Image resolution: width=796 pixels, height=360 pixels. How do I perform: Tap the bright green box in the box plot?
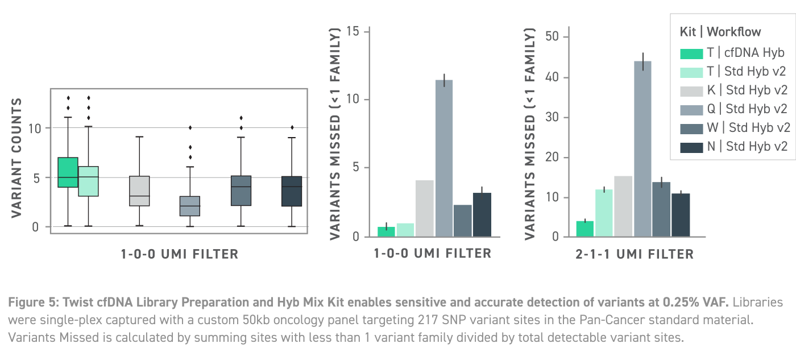68,172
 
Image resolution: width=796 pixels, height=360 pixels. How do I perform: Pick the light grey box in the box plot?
140,191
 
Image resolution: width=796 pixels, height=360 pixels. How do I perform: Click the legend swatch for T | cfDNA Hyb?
691,53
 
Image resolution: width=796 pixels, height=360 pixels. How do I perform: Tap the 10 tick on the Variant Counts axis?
35,128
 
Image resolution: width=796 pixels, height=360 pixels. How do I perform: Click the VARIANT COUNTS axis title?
16,158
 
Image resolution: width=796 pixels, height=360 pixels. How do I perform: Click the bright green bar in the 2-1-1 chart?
584,229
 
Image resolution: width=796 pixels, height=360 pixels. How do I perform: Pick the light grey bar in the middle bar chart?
424,208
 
